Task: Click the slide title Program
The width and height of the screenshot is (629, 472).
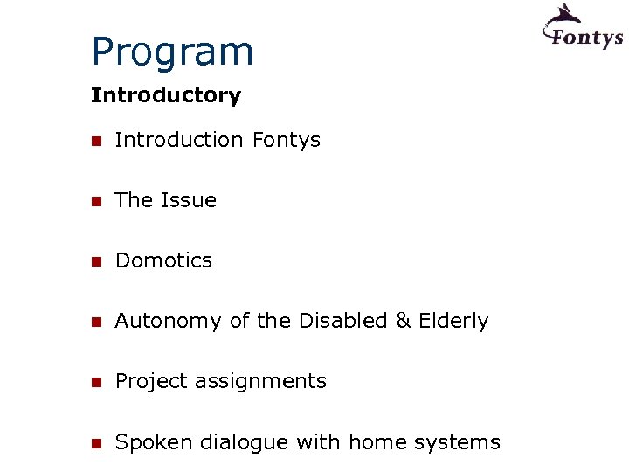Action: pos(172,52)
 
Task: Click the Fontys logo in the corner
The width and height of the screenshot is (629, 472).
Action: pos(583,28)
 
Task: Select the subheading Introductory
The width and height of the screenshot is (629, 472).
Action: pos(165,95)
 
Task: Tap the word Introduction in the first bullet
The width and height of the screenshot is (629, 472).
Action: pos(179,140)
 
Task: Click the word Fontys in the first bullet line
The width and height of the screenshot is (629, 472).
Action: pos(286,141)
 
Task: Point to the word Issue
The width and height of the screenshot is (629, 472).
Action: pos(189,200)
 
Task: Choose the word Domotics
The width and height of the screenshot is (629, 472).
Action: pos(163,260)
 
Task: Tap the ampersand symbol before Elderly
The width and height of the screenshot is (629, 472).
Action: pos(403,321)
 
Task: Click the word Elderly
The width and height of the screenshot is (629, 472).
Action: pos(453,322)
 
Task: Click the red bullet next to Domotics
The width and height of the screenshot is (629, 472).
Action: pos(96,261)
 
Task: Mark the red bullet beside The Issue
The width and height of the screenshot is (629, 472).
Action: pos(96,201)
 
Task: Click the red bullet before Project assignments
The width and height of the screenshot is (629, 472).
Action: pos(96,382)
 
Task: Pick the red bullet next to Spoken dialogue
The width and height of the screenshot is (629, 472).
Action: pos(96,443)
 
